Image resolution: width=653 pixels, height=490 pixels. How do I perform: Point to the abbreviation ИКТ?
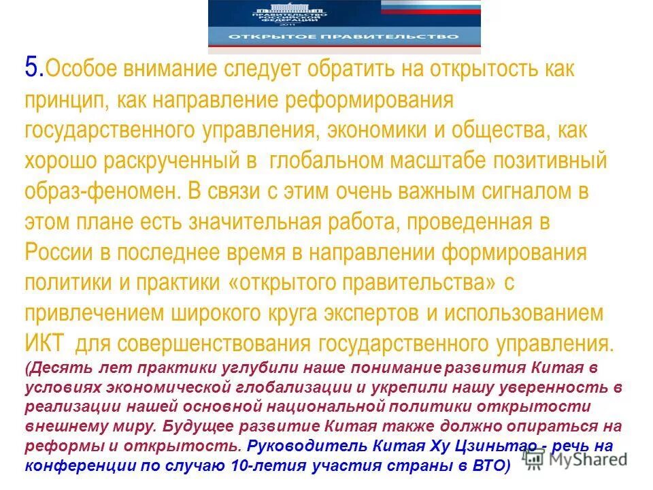[x=46, y=344]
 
